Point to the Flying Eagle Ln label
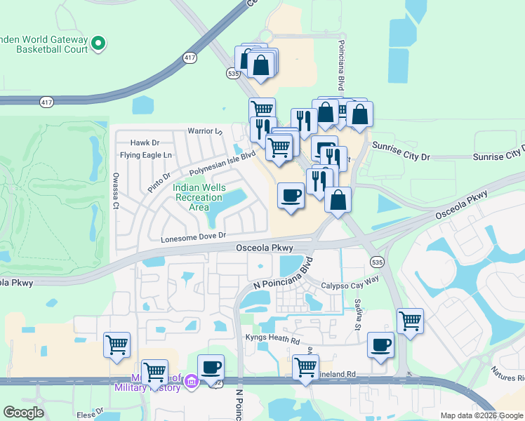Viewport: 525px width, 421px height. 145,154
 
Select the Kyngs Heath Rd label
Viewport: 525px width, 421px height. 272,339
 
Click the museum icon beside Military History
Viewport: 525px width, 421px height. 191,383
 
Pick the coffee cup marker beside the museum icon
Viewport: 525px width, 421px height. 211,367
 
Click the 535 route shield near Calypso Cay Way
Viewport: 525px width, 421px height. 377,262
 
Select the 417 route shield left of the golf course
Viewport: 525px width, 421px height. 46,102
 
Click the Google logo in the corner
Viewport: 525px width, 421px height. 23,413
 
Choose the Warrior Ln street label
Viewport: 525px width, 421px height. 204,131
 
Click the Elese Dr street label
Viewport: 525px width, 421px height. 91,414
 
